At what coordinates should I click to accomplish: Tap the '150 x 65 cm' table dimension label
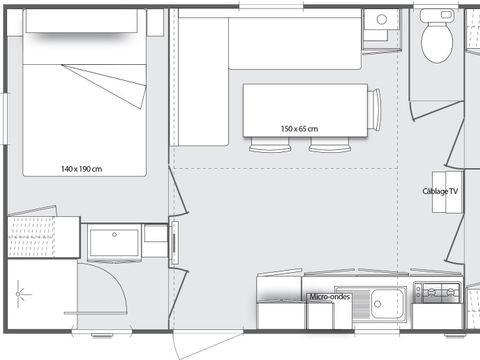point(299,129)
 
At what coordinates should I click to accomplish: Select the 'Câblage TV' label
point(440,190)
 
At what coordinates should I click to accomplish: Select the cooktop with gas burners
point(437,292)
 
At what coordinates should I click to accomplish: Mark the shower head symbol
point(21,293)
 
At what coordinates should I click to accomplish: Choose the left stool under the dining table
point(264,147)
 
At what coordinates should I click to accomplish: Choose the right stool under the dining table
point(324,147)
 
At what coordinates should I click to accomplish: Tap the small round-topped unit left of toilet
point(379,25)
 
